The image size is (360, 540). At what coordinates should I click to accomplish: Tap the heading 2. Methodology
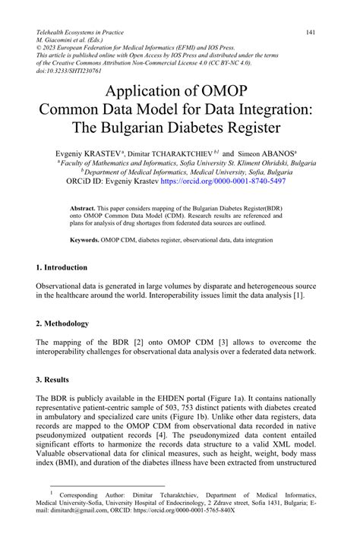tap(62, 323)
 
